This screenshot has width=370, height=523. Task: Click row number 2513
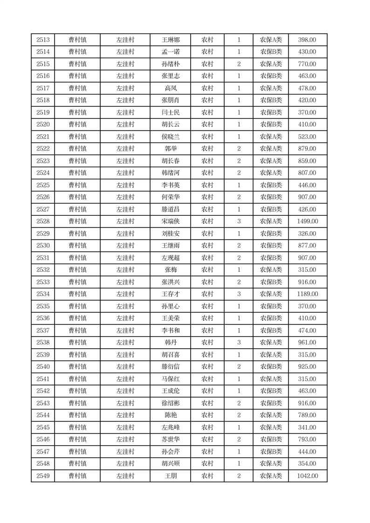pyautogui.click(x=43, y=40)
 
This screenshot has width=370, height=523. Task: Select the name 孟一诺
pyautogui.click(x=171, y=52)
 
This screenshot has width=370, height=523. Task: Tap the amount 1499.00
pyautogui.click(x=308, y=221)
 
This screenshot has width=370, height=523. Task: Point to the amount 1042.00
pyautogui.click(x=308, y=476)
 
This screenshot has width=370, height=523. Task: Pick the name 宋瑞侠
pyautogui.click(x=171, y=221)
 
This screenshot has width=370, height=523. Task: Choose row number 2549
pyautogui.click(x=43, y=476)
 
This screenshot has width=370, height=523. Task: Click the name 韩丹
pyautogui.click(x=171, y=343)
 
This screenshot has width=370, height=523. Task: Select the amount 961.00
pyautogui.click(x=308, y=343)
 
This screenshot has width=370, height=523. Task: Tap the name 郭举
pyautogui.click(x=171, y=149)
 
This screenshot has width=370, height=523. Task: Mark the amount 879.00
pyautogui.click(x=308, y=149)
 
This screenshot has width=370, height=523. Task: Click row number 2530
pyautogui.click(x=43, y=246)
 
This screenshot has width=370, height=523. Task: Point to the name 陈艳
pyautogui.click(x=171, y=415)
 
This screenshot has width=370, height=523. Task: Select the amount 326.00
pyautogui.click(x=308, y=234)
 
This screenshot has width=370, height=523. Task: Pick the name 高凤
pyautogui.click(x=171, y=88)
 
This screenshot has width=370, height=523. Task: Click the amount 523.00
pyautogui.click(x=308, y=137)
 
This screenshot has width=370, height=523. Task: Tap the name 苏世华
pyautogui.click(x=171, y=440)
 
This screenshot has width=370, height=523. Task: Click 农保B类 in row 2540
pyautogui.click(x=271, y=367)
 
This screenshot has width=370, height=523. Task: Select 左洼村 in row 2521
pyautogui.click(x=125, y=137)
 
